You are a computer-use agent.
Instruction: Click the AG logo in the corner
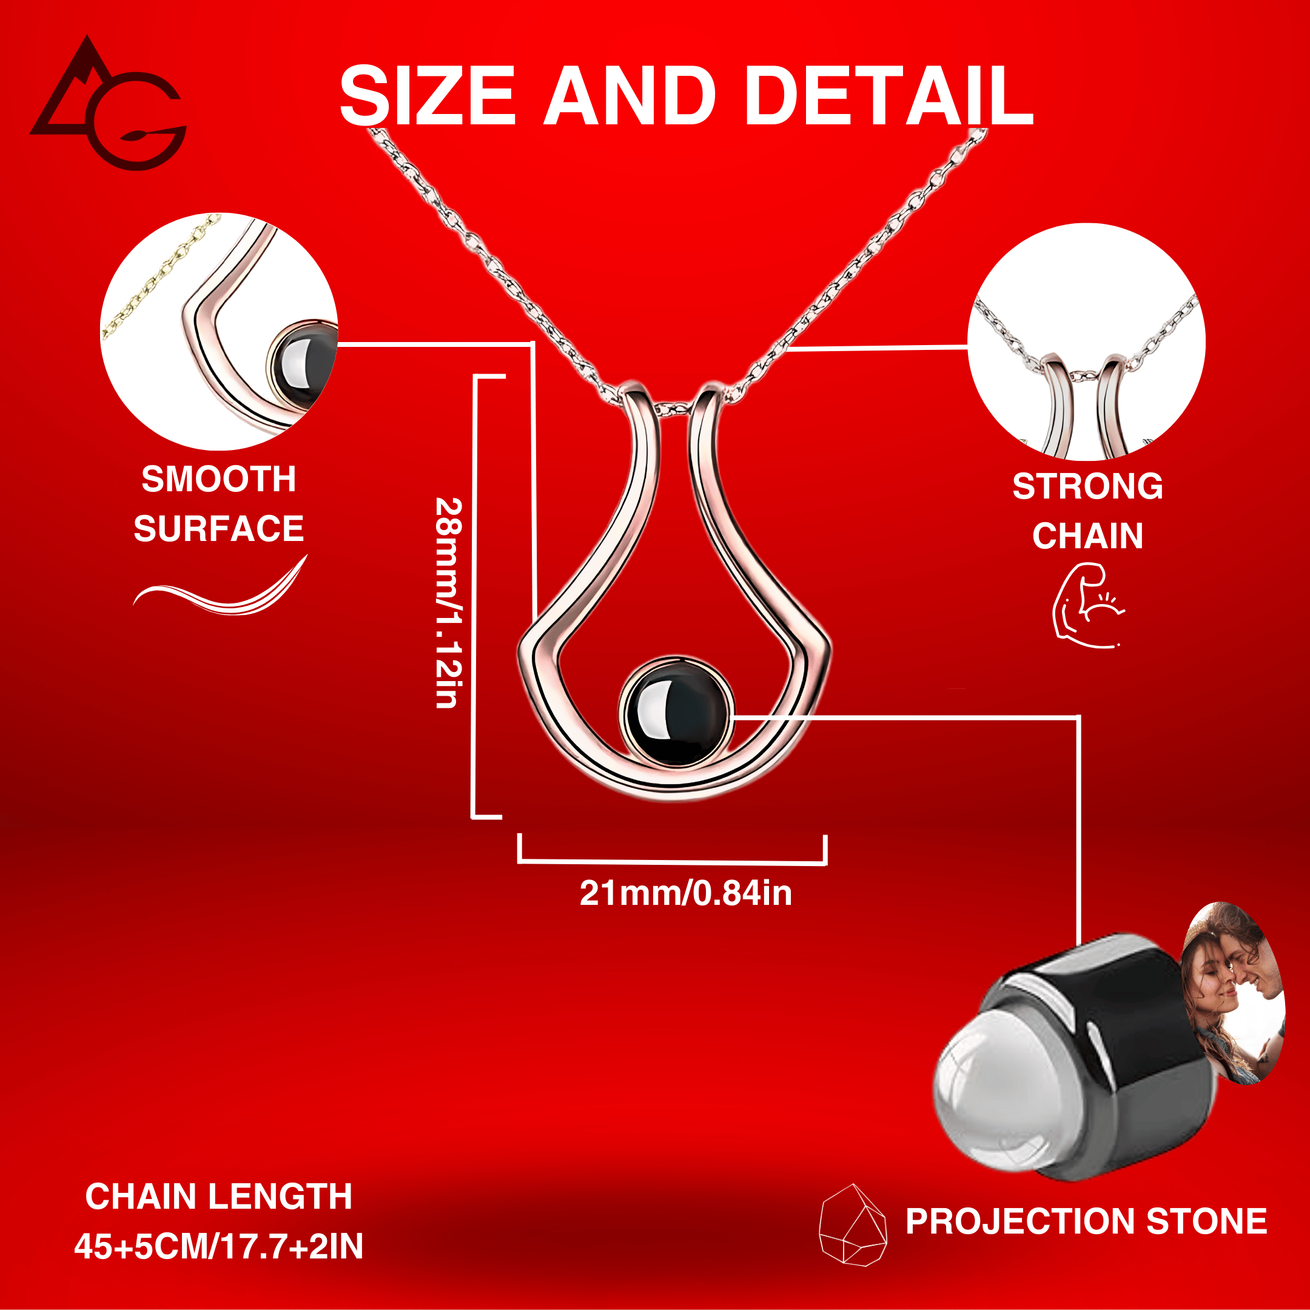pyautogui.click(x=109, y=105)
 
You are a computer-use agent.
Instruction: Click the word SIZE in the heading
pyautogui.click(x=427, y=96)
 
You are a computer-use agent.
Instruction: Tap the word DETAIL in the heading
pyautogui.click(x=888, y=96)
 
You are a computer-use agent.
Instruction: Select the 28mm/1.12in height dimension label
pyautogui.click(x=449, y=603)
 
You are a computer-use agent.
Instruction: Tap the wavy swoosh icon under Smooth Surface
pyautogui.click(x=220, y=591)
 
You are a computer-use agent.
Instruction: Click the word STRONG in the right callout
pyautogui.click(x=1087, y=486)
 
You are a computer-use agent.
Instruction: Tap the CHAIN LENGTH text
pyautogui.click(x=218, y=1196)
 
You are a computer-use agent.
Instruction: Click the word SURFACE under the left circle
pyautogui.click(x=218, y=529)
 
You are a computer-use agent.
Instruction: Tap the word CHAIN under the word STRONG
pyautogui.click(x=1087, y=536)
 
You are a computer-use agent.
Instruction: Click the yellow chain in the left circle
pyautogui.click(x=156, y=278)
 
